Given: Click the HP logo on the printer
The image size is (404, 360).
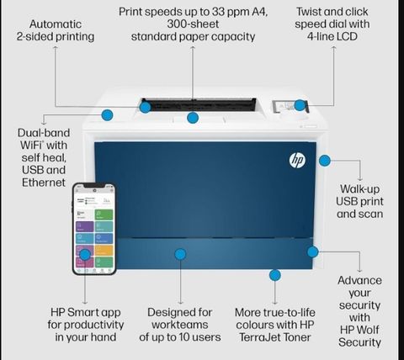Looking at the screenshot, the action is click(x=297, y=161).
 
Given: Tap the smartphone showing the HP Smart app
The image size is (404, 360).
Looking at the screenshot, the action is click(x=94, y=229).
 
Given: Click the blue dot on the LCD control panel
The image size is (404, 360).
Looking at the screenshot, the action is click(x=300, y=105).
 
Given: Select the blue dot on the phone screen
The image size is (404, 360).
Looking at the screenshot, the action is click(x=85, y=255).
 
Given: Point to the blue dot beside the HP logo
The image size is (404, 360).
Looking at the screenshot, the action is click(x=325, y=161).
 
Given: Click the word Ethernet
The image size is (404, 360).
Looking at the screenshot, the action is click(x=44, y=183).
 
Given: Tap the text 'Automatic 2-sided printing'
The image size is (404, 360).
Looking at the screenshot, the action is click(x=56, y=30).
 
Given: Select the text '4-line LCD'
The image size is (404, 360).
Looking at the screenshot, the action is click(x=332, y=36).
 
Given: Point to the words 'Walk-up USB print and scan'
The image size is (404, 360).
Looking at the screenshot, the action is click(x=359, y=201).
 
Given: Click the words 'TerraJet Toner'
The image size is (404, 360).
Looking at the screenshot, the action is click(x=275, y=337).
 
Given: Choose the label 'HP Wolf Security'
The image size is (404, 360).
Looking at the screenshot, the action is click(x=359, y=336).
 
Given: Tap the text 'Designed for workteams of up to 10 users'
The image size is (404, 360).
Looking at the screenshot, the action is click(x=180, y=325).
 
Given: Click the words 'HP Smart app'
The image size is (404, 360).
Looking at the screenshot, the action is click(x=86, y=312).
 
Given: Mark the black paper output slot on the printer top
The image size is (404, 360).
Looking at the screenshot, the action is click(x=199, y=104).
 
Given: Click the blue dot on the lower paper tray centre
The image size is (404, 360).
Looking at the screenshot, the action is click(x=180, y=254).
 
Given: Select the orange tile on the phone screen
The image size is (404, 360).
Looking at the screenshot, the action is click(x=104, y=251).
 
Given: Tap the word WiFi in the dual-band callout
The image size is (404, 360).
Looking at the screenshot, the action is click(x=31, y=146).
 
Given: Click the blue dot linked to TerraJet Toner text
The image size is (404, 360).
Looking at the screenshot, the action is click(x=275, y=275).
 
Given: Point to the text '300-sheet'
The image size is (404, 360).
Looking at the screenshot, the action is click(x=193, y=24).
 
